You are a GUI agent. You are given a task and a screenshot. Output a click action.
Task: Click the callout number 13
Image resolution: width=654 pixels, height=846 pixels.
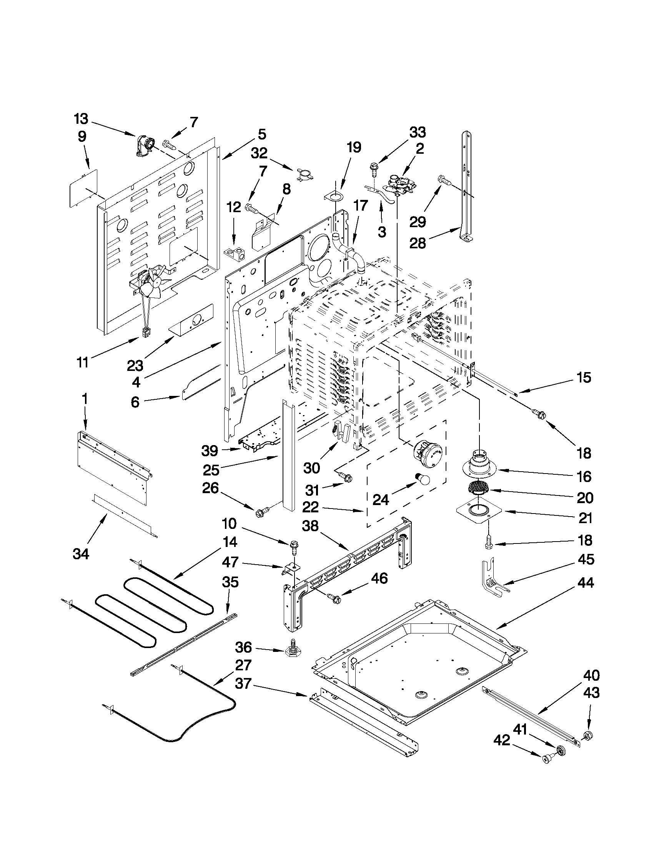[82, 119]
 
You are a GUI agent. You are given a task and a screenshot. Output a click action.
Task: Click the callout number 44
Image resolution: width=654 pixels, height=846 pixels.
[586, 593]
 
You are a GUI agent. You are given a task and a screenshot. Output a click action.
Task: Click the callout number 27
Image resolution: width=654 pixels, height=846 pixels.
[243, 665]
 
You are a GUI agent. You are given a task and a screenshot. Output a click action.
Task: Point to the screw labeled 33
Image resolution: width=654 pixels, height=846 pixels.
[374, 168]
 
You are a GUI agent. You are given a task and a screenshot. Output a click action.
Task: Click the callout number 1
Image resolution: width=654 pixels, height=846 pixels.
[85, 399]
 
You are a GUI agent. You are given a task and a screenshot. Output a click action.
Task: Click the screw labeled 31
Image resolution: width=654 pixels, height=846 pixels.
[344, 477]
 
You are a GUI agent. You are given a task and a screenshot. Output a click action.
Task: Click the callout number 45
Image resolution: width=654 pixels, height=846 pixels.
[586, 559]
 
